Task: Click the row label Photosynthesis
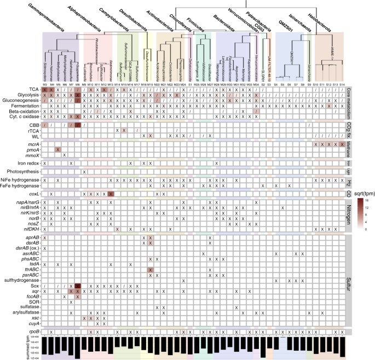coord(22,171)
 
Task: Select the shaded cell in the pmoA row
coord(57,149)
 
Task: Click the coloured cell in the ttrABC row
coord(150,270)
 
